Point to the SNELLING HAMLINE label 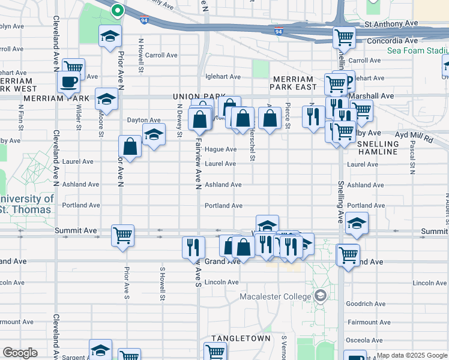coord(378,148)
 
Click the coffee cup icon coord(68,82)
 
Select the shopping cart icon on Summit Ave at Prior coord(122,235)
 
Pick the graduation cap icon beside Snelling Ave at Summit coord(357,223)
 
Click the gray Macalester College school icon coord(321,296)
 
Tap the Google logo coord(20,353)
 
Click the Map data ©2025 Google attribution coord(411,355)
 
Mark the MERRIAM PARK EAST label coord(293,83)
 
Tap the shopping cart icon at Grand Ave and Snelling coord(348,254)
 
